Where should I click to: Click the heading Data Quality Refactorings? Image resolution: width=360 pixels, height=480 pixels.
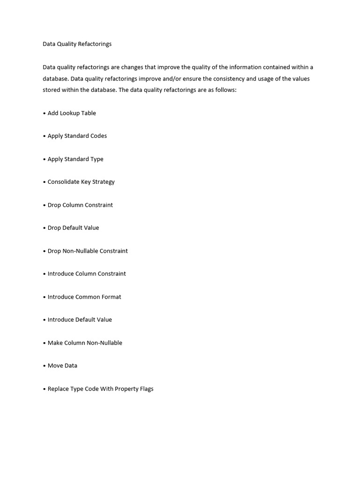click(x=77, y=44)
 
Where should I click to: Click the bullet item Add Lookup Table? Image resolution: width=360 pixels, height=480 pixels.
click(x=71, y=113)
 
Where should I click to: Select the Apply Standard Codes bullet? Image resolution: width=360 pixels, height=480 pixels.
click(x=77, y=136)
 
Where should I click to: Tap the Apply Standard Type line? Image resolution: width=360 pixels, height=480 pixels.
click(x=75, y=159)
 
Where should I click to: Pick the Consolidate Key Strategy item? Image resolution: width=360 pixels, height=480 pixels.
click(x=81, y=182)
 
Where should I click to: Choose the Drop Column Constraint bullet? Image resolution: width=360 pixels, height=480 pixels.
click(x=80, y=205)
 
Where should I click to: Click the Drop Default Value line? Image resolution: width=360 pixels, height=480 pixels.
click(x=73, y=228)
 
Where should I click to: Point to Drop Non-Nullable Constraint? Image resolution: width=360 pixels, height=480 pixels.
click(x=87, y=251)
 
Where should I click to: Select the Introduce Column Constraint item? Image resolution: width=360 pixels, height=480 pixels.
click(x=86, y=274)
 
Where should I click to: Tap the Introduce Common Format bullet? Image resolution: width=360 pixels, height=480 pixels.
click(x=84, y=297)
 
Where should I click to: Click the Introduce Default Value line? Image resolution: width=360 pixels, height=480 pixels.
click(x=79, y=320)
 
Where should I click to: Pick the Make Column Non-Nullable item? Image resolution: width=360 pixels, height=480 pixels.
click(x=84, y=343)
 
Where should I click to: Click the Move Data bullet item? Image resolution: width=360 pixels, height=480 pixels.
click(x=62, y=366)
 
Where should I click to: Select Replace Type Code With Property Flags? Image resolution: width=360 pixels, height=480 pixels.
click(x=100, y=389)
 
